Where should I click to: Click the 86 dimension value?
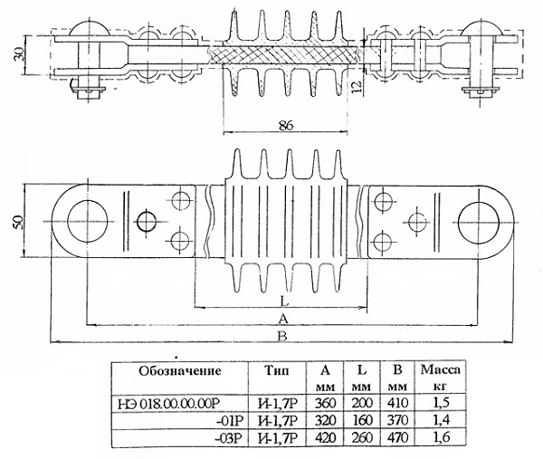(x=285, y=125)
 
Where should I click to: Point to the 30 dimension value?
(x=20, y=53)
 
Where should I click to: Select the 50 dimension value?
(x=19, y=222)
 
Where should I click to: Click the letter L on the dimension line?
(x=284, y=301)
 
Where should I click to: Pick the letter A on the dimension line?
(x=283, y=319)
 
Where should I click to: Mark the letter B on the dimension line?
(x=282, y=336)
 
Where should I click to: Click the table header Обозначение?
(x=180, y=371)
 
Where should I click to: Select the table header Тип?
(x=277, y=370)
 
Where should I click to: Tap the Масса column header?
(x=441, y=370)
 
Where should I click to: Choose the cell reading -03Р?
(x=230, y=438)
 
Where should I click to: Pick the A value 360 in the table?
(x=325, y=403)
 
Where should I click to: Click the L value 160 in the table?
(x=362, y=420)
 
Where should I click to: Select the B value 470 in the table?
(x=398, y=437)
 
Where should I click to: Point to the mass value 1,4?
(x=442, y=420)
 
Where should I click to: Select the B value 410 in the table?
(x=398, y=403)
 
